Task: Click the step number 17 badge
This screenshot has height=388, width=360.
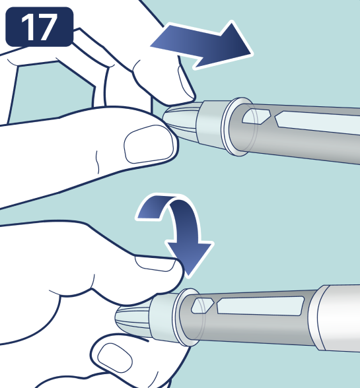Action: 40,26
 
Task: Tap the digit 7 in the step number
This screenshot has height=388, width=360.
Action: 47,26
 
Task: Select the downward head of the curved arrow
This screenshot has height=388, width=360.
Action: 190,257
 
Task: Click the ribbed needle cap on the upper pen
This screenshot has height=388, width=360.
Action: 181,121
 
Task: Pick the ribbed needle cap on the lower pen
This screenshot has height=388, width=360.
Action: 133,319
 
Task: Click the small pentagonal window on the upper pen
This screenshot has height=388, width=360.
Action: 256,116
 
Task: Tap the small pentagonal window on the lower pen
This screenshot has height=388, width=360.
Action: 202,306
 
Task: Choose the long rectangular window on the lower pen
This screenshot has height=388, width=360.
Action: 261,306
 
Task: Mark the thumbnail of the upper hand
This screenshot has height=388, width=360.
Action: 149,144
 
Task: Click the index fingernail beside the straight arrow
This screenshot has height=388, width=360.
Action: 186,82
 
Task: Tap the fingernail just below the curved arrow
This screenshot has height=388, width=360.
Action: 156,263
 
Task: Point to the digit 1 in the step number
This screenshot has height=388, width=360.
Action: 28,26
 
